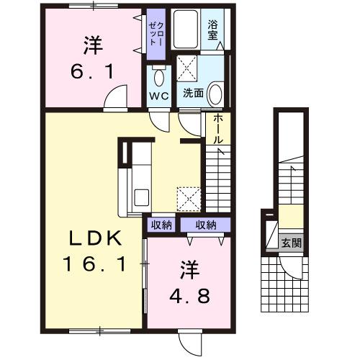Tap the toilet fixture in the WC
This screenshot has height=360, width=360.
[159, 76]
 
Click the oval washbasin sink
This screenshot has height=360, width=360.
[215, 93]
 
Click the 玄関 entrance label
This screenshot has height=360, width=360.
[291, 243]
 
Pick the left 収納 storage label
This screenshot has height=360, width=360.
[162, 225]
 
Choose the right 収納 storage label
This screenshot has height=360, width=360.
[205, 225]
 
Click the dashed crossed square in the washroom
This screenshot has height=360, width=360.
[188, 70]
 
